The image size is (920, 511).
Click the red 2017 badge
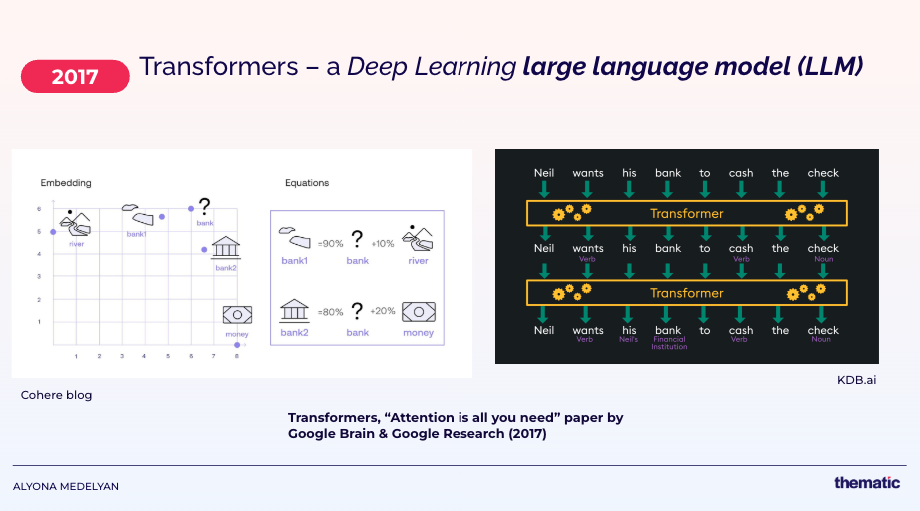point(75,76)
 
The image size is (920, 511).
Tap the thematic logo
point(867,483)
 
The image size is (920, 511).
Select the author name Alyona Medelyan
point(66,486)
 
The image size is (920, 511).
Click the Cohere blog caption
point(56,395)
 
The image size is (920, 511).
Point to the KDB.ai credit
point(856,380)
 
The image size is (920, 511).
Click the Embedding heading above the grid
point(66,183)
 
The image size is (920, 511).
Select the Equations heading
point(306,183)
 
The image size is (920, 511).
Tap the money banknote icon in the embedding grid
point(237,315)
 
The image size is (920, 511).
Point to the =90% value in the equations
point(330,244)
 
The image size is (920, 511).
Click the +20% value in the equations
point(384,311)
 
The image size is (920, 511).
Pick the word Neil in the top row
point(544,173)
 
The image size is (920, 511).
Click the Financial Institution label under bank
point(668,344)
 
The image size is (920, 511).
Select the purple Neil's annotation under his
point(629,340)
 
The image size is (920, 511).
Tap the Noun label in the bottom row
point(822,340)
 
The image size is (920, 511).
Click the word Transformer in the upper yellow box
point(686,213)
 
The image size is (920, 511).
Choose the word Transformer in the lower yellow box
point(686,293)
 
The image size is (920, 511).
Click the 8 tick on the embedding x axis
point(237,356)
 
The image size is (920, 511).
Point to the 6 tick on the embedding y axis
point(39,209)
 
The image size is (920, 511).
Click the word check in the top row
point(823,173)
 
